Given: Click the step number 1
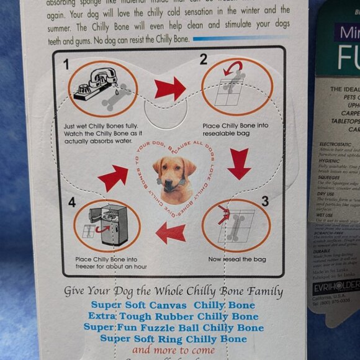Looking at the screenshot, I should click(x=66, y=64).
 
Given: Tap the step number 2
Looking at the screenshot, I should click(x=203, y=60).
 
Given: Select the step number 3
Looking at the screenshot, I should click(x=264, y=200).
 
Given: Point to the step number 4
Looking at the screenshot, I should click(x=71, y=202).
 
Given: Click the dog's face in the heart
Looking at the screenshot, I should click(x=174, y=171).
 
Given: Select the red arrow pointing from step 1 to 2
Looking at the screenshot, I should click(x=170, y=88).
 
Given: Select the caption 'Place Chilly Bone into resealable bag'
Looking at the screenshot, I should click(x=236, y=130).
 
